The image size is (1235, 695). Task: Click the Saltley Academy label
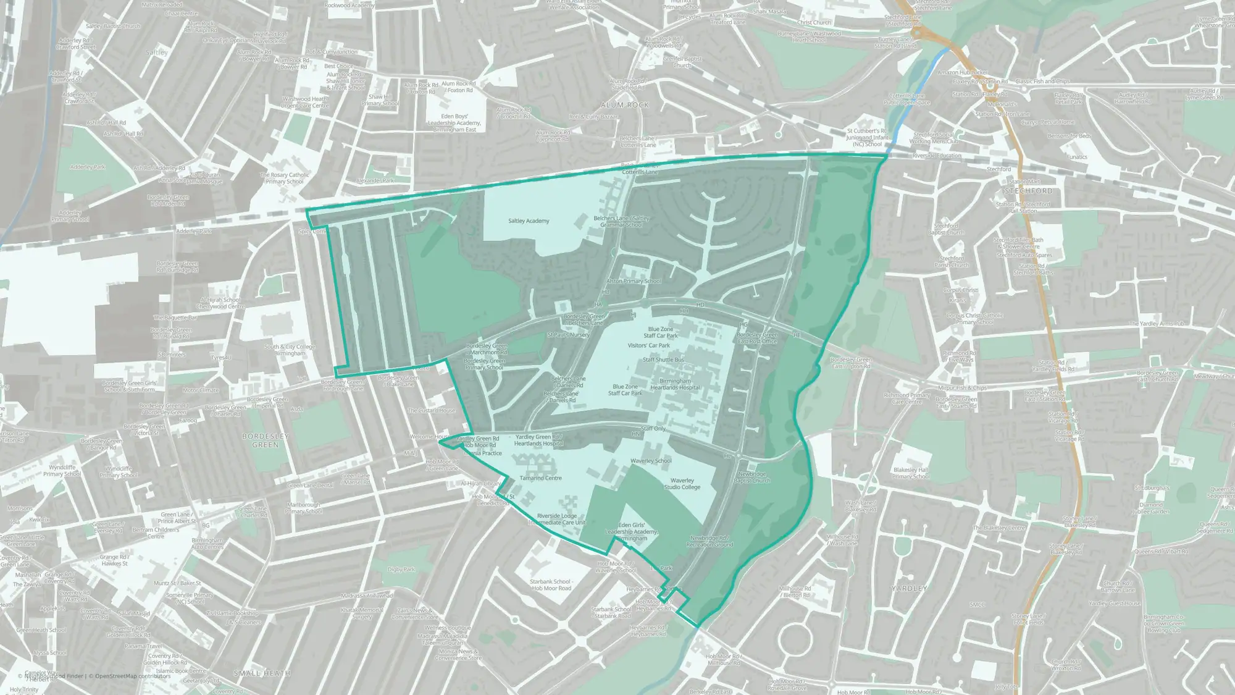tap(529, 221)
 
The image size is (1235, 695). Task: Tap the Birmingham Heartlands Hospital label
tap(675, 384)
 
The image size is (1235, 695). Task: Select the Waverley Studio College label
tap(682, 484)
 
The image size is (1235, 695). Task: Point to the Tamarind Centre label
tap(540, 478)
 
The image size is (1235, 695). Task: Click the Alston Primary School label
tap(633, 281)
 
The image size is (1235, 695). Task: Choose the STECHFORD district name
tap(1028, 191)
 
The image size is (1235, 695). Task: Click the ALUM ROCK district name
tap(625, 105)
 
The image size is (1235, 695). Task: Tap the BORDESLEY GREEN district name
tap(266, 440)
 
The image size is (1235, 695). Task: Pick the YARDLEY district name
tap(909, 588)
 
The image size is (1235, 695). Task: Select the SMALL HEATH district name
tap(262, 673)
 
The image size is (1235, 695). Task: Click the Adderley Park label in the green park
tap(88, 167)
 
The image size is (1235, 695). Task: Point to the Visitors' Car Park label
tap(648, 345)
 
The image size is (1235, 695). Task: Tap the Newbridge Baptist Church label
tap(752, 478)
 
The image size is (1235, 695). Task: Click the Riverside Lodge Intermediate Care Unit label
tap(557, 519)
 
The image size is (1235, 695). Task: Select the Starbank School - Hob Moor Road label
tap(551, 584)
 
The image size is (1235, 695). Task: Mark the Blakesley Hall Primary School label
tap(911, 473)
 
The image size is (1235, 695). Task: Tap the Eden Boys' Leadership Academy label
tap(454, 123)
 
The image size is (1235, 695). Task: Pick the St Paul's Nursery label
tap(568, 335)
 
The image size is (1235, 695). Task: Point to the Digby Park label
tap(401, 569)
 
